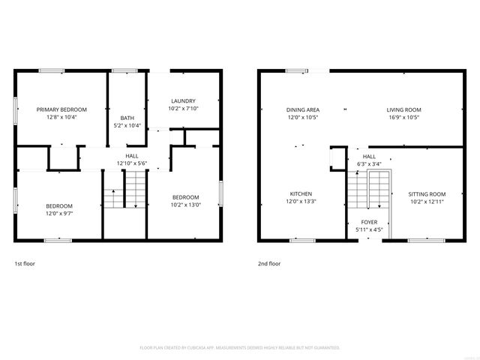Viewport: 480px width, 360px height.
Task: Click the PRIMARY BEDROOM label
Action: (62, 109)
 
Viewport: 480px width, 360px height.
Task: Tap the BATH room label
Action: (127, 117)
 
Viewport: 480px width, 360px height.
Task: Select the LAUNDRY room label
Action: (183, 100)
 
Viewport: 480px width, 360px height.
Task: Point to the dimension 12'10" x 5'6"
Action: (131, 163)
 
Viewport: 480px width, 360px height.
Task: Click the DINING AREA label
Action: (303, 109)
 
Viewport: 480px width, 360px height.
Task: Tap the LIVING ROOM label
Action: (403, 109)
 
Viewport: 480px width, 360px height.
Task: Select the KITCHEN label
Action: (301, 193)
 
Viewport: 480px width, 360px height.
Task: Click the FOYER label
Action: (369, 222)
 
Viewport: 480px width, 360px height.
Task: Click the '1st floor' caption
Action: (25, 264)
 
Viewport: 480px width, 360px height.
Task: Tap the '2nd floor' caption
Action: (268, 264)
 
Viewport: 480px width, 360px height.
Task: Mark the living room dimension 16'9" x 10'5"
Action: (403, 118)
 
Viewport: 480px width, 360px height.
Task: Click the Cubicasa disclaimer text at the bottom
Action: (240, 348)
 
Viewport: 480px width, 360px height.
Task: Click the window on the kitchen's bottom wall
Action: (301, 240)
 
